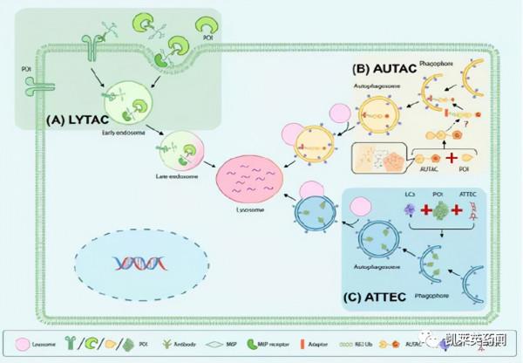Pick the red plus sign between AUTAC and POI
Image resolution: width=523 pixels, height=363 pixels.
[x=452, y=161]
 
